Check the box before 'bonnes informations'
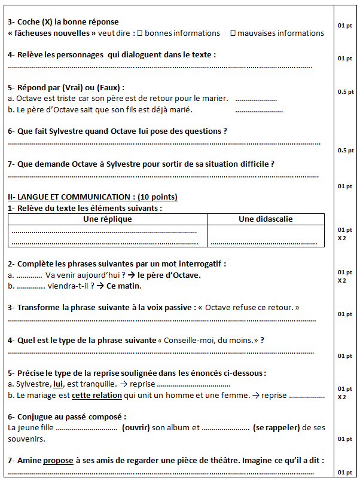(x=141, y=33)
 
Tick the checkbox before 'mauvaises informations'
(x=233, y=33)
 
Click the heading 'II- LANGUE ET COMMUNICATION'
(x=72, y=197)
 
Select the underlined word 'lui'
(x=58, y=384)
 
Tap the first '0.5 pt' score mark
(x=346, y=92)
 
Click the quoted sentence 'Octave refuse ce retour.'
(x=252, y=307)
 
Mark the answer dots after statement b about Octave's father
(x=258, y=110)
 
